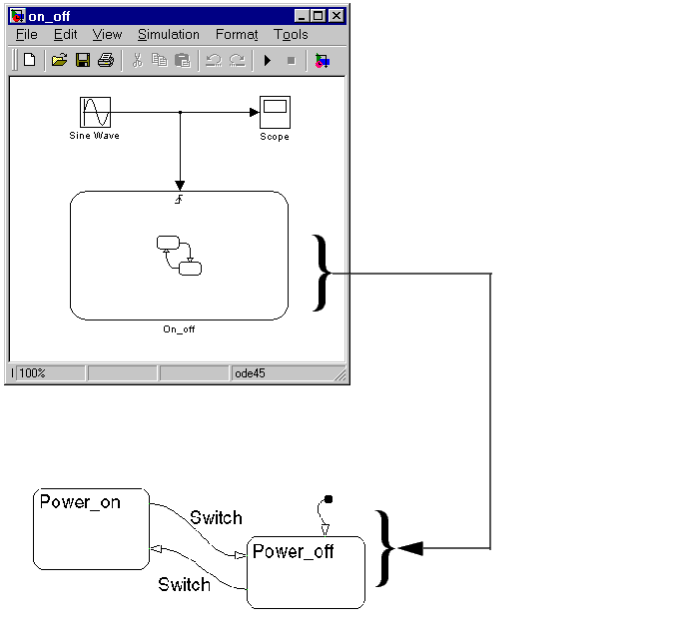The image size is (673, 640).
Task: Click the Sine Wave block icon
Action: coord(95,112)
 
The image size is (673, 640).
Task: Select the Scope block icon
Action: coord(275,112)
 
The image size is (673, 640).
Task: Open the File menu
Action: coord(27,34)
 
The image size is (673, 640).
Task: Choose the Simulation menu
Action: coord(168,34)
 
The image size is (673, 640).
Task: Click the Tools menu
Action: coord(291,34)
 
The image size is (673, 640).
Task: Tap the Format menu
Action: coord(237,34)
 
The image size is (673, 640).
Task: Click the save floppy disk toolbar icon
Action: coord(83,60)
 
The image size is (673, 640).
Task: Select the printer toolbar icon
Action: coord(106,60)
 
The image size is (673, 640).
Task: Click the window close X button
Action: coord(336,16)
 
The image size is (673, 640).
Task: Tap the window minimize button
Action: coord(302,16)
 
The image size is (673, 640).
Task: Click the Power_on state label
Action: coord(80,502)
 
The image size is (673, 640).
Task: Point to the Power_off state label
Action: coord(294,551)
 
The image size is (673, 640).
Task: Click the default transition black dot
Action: coord(329,499)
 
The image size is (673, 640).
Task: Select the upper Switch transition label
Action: coord(216,517)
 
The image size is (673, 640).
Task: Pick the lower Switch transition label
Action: coord(184,585)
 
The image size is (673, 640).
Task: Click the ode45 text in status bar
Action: coord(250,373)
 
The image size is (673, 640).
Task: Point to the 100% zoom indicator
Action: coord(32,373)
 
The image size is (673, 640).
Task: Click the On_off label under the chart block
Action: coord(179,329)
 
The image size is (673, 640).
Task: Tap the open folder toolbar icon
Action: coord(59,60)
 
